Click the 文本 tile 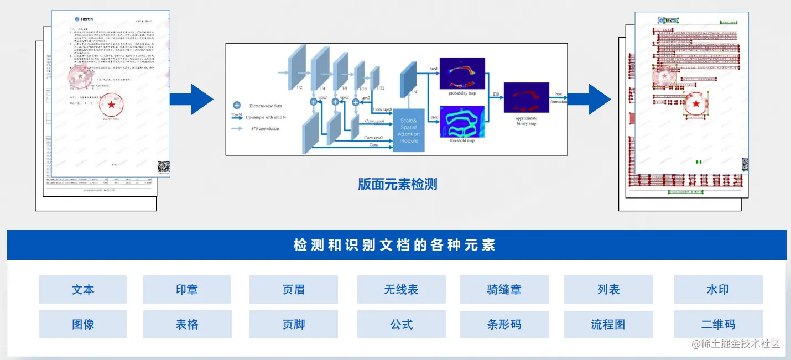83,289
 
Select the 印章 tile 187,289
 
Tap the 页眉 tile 294,289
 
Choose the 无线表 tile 402,289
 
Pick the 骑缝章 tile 504,289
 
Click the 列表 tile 608,289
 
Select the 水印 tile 718,289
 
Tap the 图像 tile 83,324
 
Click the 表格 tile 187,324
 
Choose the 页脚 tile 294,324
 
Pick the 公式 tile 402,324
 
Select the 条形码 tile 504,324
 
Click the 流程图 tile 608,324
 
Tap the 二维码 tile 718,324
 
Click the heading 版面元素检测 397,184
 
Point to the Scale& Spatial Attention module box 409,130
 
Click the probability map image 462,73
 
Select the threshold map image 462,121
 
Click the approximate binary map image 526,98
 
